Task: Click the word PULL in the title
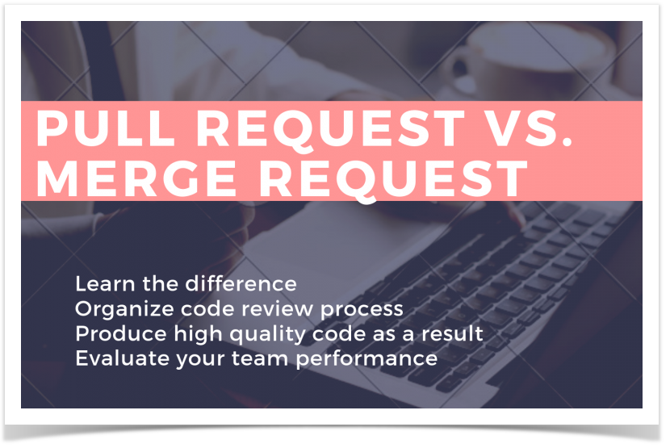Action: (106, 128)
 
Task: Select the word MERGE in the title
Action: (136, 178)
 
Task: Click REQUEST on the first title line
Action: (330, 131)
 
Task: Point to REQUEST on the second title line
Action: (394, 180)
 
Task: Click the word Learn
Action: (105, 284)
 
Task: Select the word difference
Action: (241, 284)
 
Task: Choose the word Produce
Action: (121, 334)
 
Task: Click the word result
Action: (452, 334)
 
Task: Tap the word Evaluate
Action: (122, 358)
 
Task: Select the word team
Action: (260, 359)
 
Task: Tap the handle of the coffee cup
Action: (457, 69)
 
